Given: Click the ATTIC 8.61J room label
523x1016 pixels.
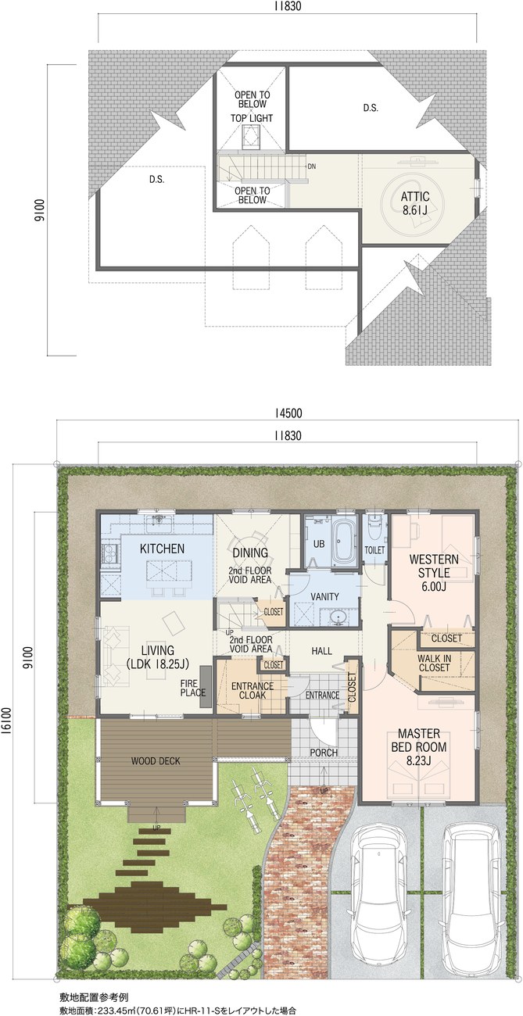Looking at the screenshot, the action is (x=414, y=202).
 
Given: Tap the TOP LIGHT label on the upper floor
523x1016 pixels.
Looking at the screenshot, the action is (x=252, y=118).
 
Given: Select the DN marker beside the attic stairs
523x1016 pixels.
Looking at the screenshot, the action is (x=312, y=166).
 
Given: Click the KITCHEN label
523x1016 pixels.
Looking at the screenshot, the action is (x=162, y=549).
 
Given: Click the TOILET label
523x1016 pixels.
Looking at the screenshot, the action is (x=374, y=550).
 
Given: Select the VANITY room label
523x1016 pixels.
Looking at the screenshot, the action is (x=324, y=596).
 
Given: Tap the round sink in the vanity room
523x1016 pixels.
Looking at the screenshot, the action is (x=337, y=617).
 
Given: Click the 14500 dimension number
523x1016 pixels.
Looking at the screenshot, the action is (x=288, y=413).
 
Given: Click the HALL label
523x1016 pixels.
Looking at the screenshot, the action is (x=321, y=651).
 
